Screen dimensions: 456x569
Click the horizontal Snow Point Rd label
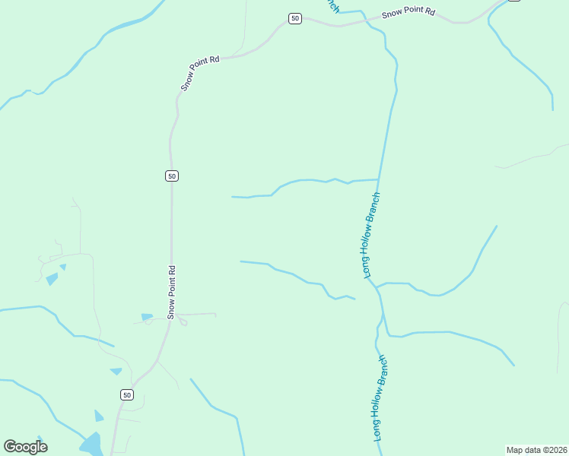[408, 12]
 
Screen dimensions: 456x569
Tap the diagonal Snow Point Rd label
[200, 73]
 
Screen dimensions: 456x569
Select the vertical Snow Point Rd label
[172, 291]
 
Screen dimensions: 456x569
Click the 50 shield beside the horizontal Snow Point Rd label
[295, 18]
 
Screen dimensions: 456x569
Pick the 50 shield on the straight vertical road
[172, 176]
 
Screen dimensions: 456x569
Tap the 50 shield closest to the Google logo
[127, 394]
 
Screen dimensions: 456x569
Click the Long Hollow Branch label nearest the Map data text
[380, 398]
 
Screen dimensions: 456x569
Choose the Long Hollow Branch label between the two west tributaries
[371, 235]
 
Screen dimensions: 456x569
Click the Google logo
[25, 447]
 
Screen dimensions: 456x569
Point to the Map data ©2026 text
[536, 449]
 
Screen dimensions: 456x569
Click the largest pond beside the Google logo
[91, 443]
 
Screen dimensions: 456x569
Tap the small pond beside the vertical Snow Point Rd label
[147, 316]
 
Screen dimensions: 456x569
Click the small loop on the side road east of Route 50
[183, 321]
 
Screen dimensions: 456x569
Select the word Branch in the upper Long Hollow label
[374, 207]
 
